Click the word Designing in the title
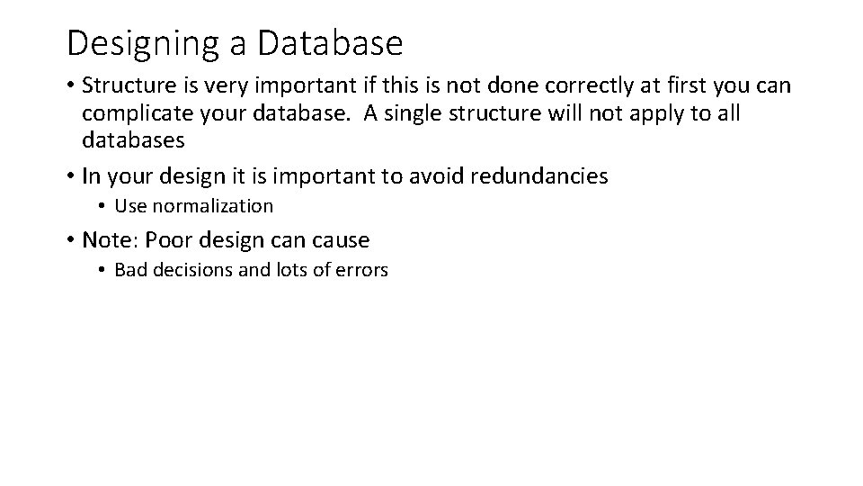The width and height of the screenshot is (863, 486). coord(132,42)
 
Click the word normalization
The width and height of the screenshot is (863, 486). coord(212,206)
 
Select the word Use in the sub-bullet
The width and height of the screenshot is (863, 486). coord(130,206)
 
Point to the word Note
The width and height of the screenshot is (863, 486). coord(106,239)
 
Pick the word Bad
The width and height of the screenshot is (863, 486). coord(130,270)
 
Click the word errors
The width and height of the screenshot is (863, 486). coord(360,270)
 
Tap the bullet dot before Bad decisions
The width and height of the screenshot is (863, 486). coord(103,271)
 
